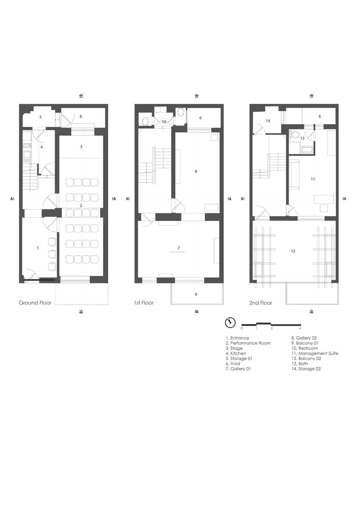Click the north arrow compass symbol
[230, 323]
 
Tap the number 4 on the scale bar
[300, 328]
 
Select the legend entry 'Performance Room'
[248, 343]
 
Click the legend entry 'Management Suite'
[315, 353]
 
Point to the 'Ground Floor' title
[35, 303]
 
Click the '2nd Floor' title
[260, 303]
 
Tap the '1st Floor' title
[144, 303]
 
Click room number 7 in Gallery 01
[179, 248]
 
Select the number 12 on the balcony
[293, 251]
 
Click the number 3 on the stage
[81, 147]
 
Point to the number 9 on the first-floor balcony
[196, 294]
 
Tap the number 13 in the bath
[302, 138]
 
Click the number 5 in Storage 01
[41, 117]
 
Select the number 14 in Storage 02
[268, 121]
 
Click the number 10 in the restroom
[164, 122]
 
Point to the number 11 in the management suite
[313, 179]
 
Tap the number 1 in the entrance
[38, 248]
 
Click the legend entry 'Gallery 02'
[304, 338]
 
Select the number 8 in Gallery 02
[196, 171]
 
